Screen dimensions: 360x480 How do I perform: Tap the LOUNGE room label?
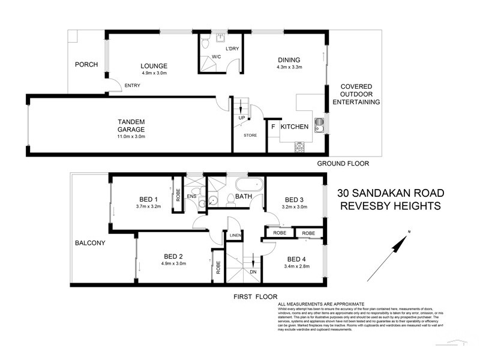click(x=154, y=66)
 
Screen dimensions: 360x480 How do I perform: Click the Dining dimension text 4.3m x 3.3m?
click(x=289, y=67)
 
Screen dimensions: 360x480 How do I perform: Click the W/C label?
click(x=215, y=58)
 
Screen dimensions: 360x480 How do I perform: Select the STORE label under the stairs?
click(x=250, y=136)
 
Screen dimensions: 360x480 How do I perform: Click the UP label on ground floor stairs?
click(x=241, y=118)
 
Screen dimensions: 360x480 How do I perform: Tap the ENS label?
click(x=191, y=196)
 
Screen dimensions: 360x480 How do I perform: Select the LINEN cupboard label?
click(x=235, y=236)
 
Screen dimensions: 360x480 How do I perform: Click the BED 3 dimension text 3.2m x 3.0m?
click(x=295, y=208)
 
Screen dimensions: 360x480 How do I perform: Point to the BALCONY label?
click(x=90, y=243)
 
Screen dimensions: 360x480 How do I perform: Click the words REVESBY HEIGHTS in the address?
click(x=390, y=206)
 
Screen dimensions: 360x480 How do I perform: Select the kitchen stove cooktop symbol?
click(x=298, y=146)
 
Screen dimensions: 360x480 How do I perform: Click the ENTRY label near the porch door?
click(x=131, y=86)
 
